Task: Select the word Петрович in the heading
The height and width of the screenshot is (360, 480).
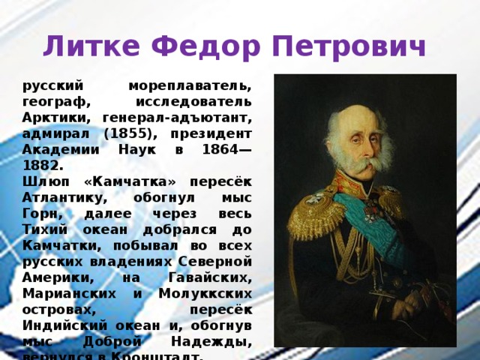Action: click(x=348, y=47)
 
